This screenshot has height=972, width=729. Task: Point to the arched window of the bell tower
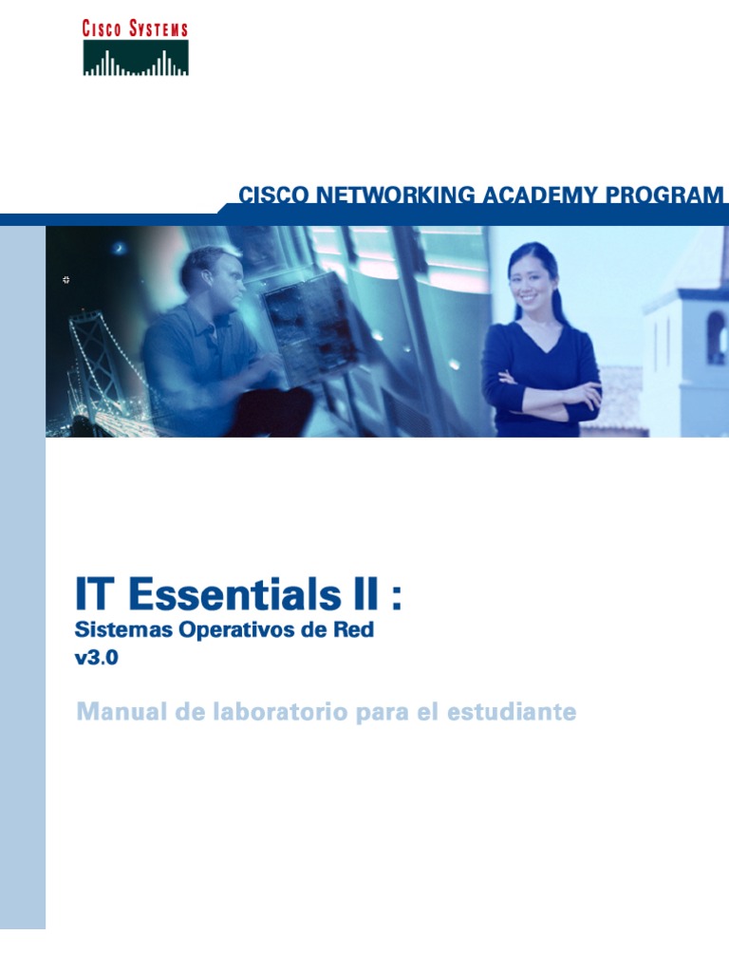[715, 337]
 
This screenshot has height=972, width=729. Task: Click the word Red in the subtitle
[355, 630]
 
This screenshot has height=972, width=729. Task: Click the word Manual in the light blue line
[117, 711]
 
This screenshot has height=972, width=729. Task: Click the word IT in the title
[97, 596]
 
